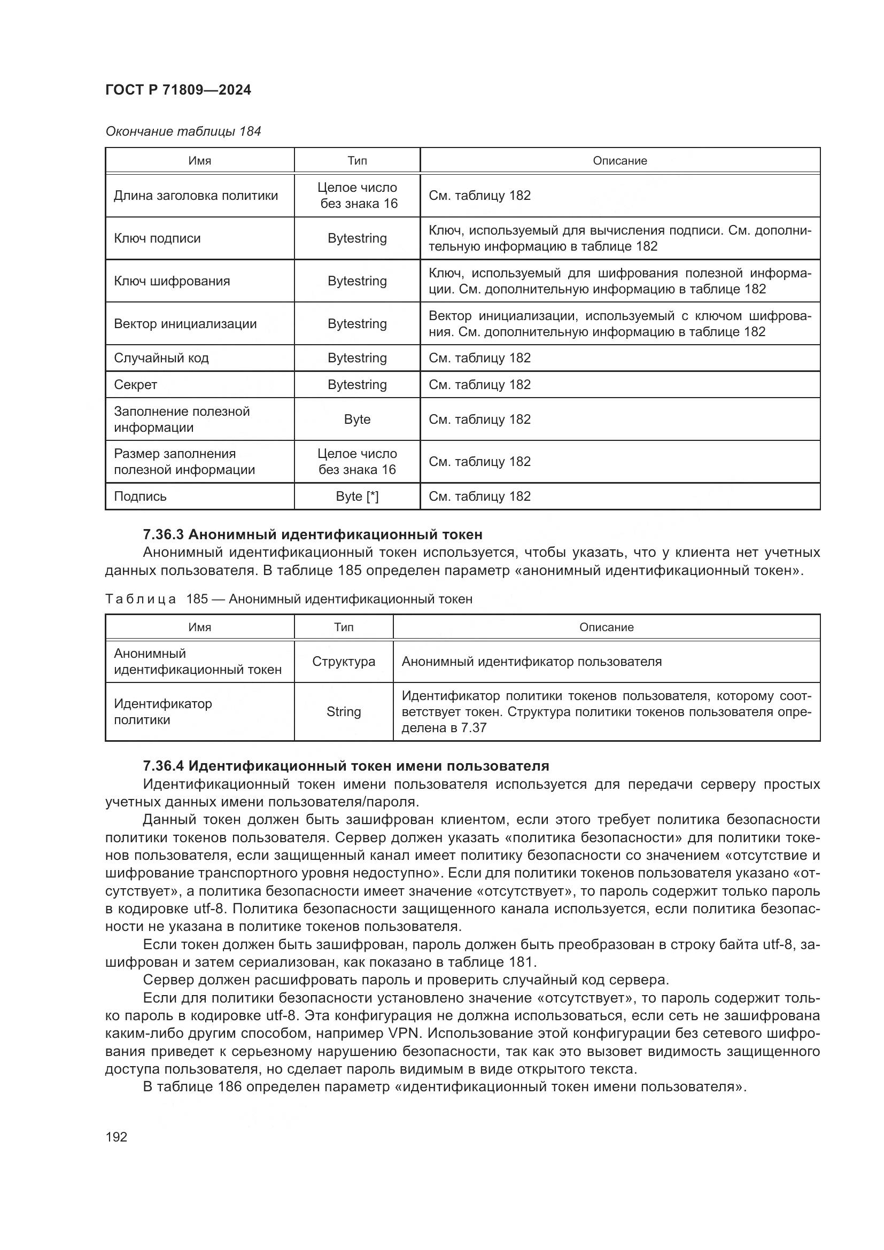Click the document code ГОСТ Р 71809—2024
pos(178,90)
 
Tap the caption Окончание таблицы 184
pos(183,131)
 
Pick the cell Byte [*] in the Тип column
pos(357,496)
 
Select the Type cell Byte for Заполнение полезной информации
pos(357,419)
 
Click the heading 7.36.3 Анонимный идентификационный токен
pos(313,534)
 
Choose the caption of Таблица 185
pos(289,600)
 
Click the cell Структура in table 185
pos(344,662)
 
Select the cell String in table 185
pos(344,711)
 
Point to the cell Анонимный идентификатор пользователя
pos(531,662)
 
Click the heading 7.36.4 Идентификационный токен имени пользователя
pos(346,766)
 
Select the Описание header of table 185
pos(607,627)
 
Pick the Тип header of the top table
pos(357,161)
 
